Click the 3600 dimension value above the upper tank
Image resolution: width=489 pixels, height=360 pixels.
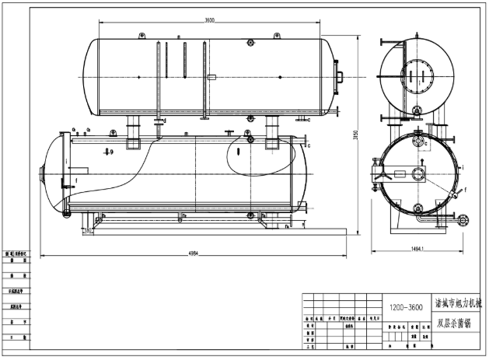(210, 20)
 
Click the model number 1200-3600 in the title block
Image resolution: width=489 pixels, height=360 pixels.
(406, 308)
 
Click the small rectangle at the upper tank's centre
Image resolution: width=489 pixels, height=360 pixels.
(211, 76)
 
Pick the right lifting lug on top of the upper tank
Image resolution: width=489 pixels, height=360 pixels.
(279, 35)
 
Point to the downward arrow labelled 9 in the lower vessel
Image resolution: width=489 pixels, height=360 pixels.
(110, 152)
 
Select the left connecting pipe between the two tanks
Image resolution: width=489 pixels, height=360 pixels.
(133, 124)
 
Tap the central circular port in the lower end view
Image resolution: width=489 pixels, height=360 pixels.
(418, 173)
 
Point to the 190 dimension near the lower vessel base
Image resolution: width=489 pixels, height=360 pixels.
(89, 230)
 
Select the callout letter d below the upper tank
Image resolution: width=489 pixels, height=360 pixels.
(165, 121)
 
